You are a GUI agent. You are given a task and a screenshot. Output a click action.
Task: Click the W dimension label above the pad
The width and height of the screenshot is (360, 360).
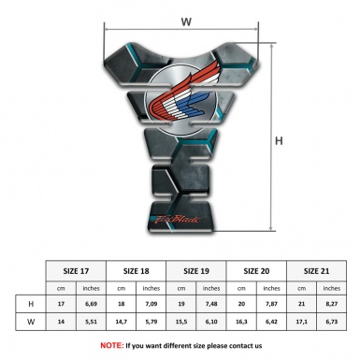tap(186, 20)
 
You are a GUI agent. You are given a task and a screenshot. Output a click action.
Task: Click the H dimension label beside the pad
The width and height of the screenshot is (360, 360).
tap(279, 141)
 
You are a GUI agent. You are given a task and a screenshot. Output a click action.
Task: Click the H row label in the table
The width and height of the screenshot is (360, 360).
tap(33, 305)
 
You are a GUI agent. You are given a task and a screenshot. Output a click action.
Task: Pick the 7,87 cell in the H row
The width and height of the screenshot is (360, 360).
tap(275, 305)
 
